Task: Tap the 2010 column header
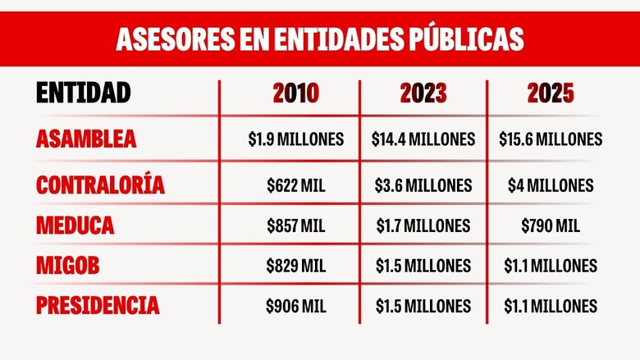click(295, 94)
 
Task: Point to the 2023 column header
click(423, 94)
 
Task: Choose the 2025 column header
click(551, 94)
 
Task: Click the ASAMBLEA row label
click(86, 139)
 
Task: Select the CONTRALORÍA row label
click(100, 185)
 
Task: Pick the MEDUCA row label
click(75, 226)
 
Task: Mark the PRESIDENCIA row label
click(98, 306)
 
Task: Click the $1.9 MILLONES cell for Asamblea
click(295, 139)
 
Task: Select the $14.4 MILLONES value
click(423, 139)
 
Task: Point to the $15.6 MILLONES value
click(551, 139)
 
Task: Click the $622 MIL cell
click(295, 185)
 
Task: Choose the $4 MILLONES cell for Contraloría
click(551, 185)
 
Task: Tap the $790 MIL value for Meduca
click(551, 226)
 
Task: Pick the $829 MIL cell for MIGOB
click(295, 266)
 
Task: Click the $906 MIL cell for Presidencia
click(295, 306)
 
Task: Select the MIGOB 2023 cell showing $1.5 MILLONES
click(423, 266)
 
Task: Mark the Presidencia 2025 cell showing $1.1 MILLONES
click(551, 306)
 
